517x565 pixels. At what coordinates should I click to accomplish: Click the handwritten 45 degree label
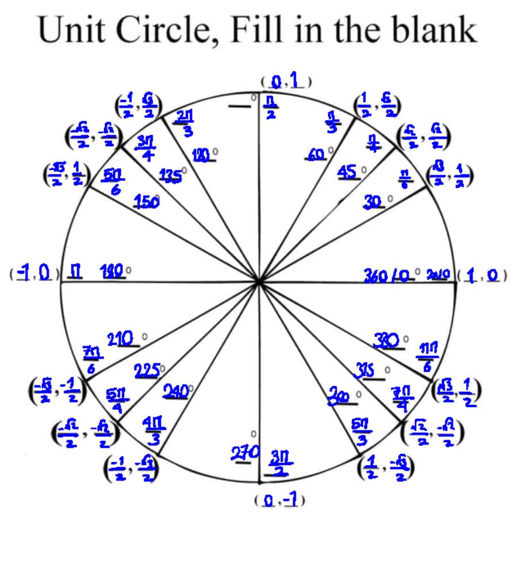click(347, 172)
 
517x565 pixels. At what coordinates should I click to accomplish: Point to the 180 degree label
click(112, 272)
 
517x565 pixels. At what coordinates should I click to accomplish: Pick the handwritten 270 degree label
click(245, 453)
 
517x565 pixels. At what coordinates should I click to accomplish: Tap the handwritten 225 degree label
click(147, 371)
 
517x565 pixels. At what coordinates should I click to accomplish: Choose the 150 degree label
click(146, 201)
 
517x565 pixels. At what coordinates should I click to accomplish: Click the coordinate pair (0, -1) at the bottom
click(280, 500)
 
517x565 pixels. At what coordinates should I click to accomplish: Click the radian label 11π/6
click(427, 357)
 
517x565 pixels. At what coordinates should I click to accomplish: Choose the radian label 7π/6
click(92, 360)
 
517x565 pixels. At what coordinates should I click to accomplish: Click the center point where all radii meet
click(258, 282)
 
